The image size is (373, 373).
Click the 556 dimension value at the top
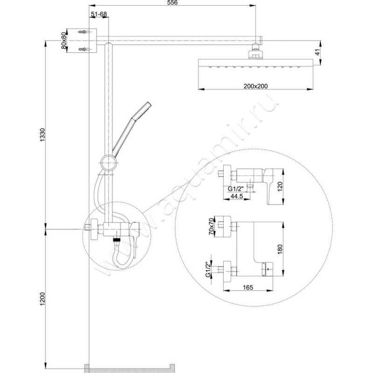(173, 3)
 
